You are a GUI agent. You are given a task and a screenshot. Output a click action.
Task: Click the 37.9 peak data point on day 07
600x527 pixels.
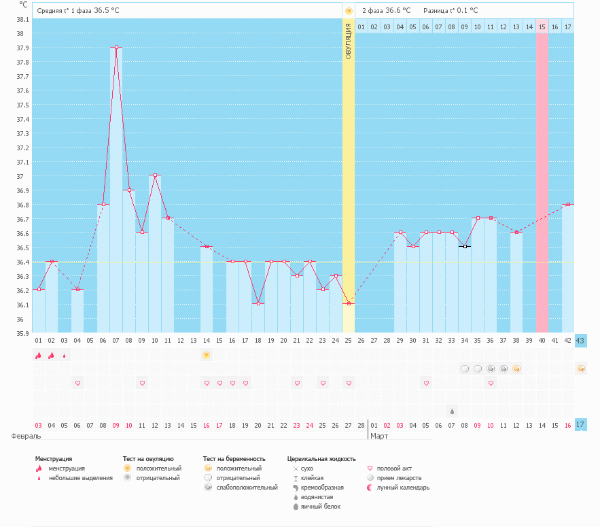[117, 48]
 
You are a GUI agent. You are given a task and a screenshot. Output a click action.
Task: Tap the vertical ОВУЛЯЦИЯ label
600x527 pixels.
[349, 41]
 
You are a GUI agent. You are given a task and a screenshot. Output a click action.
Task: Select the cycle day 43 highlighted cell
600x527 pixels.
[580, 341]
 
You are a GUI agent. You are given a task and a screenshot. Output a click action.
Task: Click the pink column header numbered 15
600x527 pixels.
[542, 27]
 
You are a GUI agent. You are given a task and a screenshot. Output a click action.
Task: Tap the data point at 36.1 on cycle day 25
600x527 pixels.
[349, 303]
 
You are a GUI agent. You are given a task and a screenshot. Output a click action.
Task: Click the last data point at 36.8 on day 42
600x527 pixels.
[568, 204]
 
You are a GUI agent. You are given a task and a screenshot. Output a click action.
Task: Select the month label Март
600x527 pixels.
[378, 436]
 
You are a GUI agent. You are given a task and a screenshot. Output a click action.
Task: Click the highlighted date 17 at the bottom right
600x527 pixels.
[580, 425]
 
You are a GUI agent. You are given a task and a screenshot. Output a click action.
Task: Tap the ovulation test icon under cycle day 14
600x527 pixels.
[207, 355]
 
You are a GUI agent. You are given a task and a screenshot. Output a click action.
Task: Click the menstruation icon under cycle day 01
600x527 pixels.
[39, 355]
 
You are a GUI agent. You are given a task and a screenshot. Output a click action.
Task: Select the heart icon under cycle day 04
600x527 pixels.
[77, 383]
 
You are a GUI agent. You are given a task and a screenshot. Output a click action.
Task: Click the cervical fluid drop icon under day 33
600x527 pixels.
[452, 411]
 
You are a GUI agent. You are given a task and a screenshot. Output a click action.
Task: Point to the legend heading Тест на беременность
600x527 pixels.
[234, 459]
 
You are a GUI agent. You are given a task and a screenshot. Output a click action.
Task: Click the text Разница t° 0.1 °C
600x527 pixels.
[451, 11]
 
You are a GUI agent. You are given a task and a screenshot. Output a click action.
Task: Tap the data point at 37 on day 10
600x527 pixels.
[156, 175]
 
